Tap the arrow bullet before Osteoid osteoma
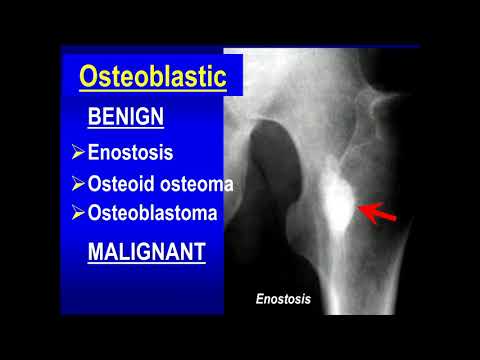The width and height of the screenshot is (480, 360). click(79, 184)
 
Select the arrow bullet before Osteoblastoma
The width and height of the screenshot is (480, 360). click(79, 213)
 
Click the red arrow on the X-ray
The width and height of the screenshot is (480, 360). click(378, 213)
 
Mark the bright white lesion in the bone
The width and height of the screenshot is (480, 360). click(336, 205)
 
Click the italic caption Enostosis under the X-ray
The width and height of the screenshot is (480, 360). click(284, 298)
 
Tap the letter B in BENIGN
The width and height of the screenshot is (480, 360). click(94, 117)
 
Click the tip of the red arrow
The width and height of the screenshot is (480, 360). click(361, 208)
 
